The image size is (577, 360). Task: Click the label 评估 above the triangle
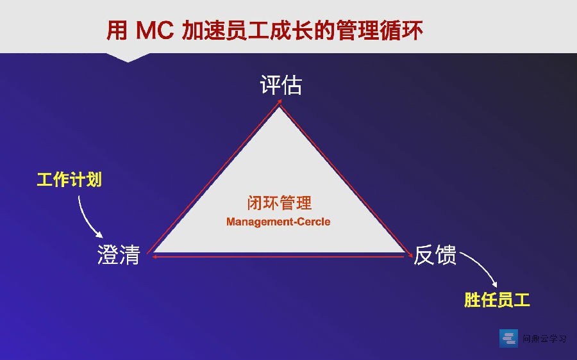click(281, 85)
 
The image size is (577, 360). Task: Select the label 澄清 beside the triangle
click(119, 254)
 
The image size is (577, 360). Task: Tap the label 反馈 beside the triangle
click(435, 254)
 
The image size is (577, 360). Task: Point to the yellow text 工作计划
click(69, 180)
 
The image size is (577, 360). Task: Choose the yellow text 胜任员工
click(497, 300)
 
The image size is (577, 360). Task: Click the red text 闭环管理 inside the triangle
click(280, 203)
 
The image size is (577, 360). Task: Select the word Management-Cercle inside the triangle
click(278, 222)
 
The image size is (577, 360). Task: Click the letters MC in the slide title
click(155, 30)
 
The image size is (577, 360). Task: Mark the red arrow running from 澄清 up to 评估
click(213, 177)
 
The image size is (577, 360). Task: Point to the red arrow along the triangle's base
click(279, 256)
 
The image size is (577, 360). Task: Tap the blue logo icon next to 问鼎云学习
click(508, 338)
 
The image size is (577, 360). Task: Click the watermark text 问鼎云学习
click(544, 338)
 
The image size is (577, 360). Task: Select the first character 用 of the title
click(117, 30)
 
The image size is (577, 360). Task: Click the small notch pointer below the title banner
click(128, 58)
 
